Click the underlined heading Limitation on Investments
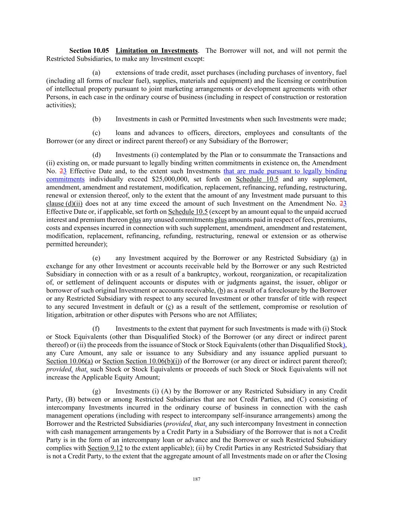coord(156,51)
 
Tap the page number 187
coord(197,479)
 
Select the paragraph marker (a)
coord(96,73)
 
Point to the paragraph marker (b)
coord(96,119)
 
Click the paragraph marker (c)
coord(96,133)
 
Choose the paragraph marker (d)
coord(96,155)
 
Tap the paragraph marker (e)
coord(96,258)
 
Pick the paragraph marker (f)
coord(96,329)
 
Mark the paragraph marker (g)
coord(96,391)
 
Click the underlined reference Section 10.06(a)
coord(69,361)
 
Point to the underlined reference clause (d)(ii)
coord(64,204)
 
